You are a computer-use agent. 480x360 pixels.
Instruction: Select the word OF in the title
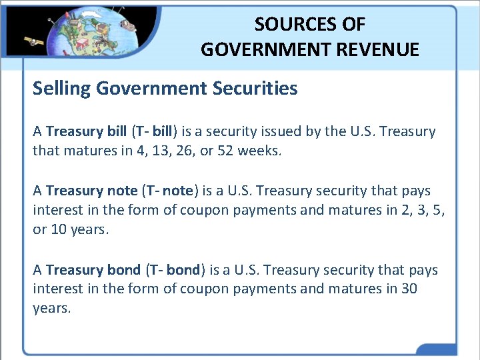pos(353,25)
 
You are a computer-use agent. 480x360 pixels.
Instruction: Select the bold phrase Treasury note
pos(91,191)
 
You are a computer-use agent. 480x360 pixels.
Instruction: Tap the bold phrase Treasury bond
pos(93,270)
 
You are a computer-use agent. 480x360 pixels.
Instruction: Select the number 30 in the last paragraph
pos(409,289)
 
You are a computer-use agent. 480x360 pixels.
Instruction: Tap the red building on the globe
pos(83,43)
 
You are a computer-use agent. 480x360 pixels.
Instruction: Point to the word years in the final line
pos(51,309)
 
